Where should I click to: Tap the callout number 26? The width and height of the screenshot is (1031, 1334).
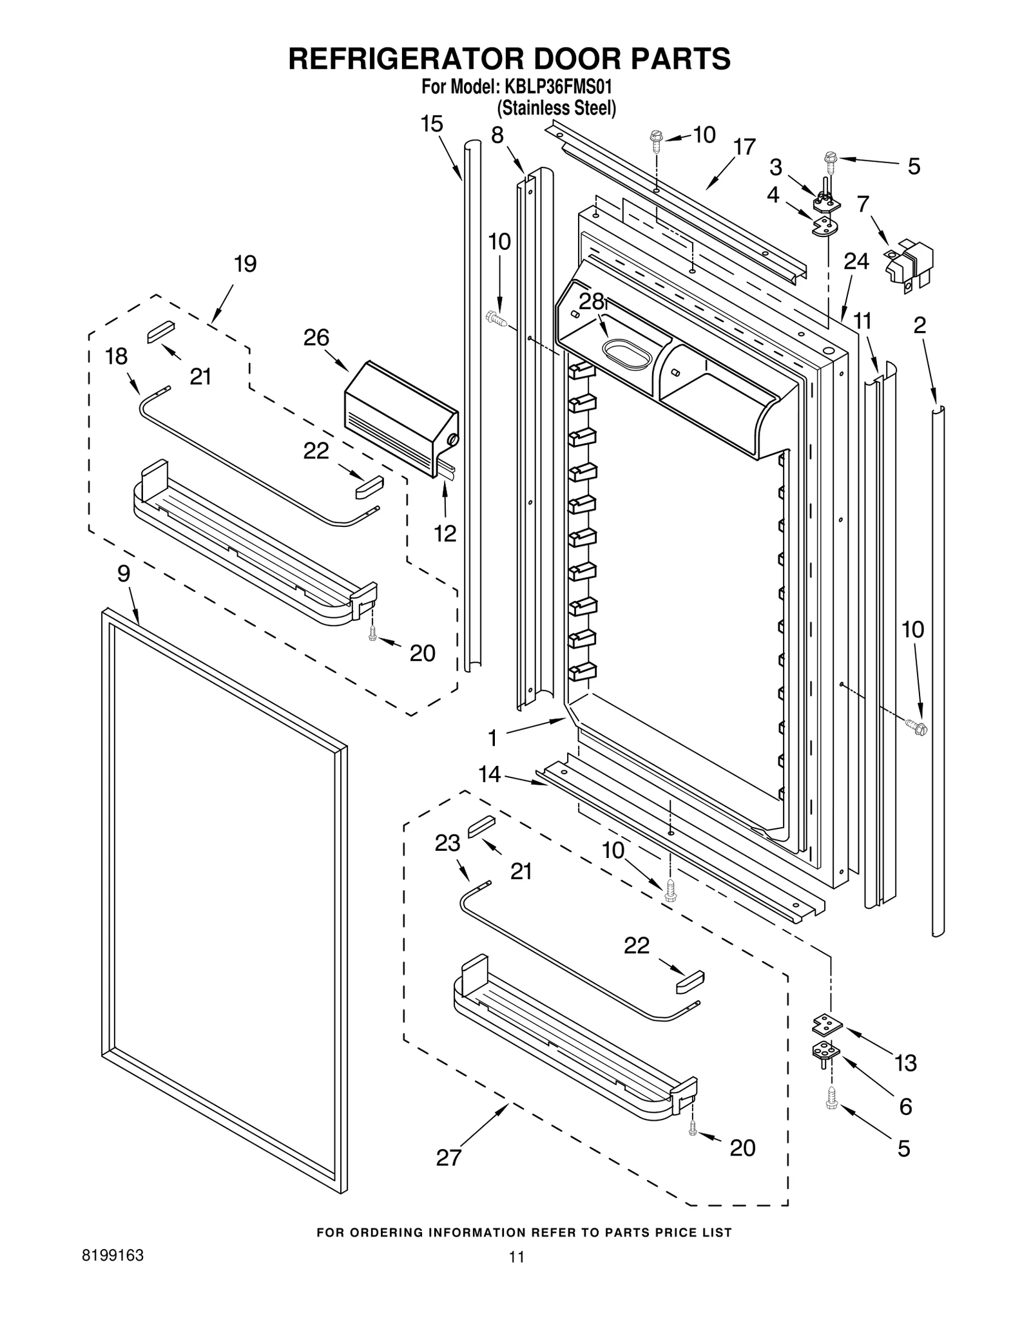[x=316, y=338]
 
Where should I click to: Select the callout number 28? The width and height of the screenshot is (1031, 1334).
[x=592, y=301]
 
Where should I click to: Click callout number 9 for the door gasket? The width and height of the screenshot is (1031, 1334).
[x=124, y=573]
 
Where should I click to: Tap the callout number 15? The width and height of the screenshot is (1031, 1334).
[x=432, y=124]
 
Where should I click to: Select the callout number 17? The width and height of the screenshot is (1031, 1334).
[x=744, y=148]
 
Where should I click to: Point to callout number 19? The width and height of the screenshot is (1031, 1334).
[x=245, y=263]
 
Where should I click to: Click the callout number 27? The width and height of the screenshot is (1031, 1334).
[x=448, y=1176]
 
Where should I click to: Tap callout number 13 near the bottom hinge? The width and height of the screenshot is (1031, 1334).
[x=905, y=1063]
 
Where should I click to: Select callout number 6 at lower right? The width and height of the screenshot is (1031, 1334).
[x=905, y=1107]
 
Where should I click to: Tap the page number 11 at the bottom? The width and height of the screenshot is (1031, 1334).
[x=516, y=1257]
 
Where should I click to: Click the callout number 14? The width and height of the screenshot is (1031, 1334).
[x=490, y=774]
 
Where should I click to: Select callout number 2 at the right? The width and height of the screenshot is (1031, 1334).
[x=920, y=325]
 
